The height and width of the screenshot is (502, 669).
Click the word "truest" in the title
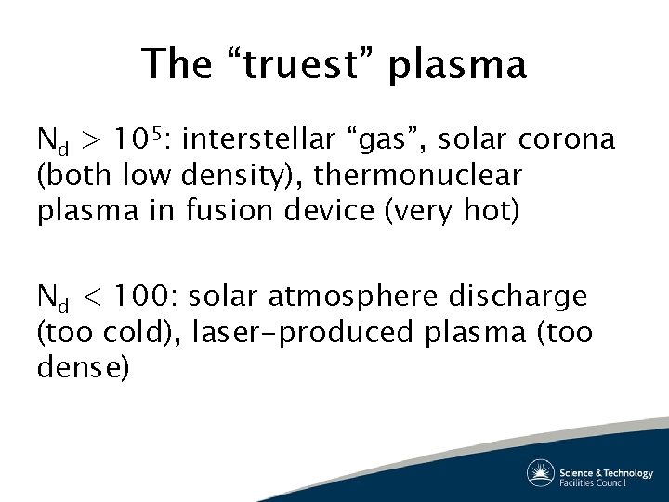click(x=300, y=65)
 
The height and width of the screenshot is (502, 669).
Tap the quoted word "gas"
click(x=393, y=141)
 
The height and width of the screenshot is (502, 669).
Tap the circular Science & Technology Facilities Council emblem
click(x=541, y=472)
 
